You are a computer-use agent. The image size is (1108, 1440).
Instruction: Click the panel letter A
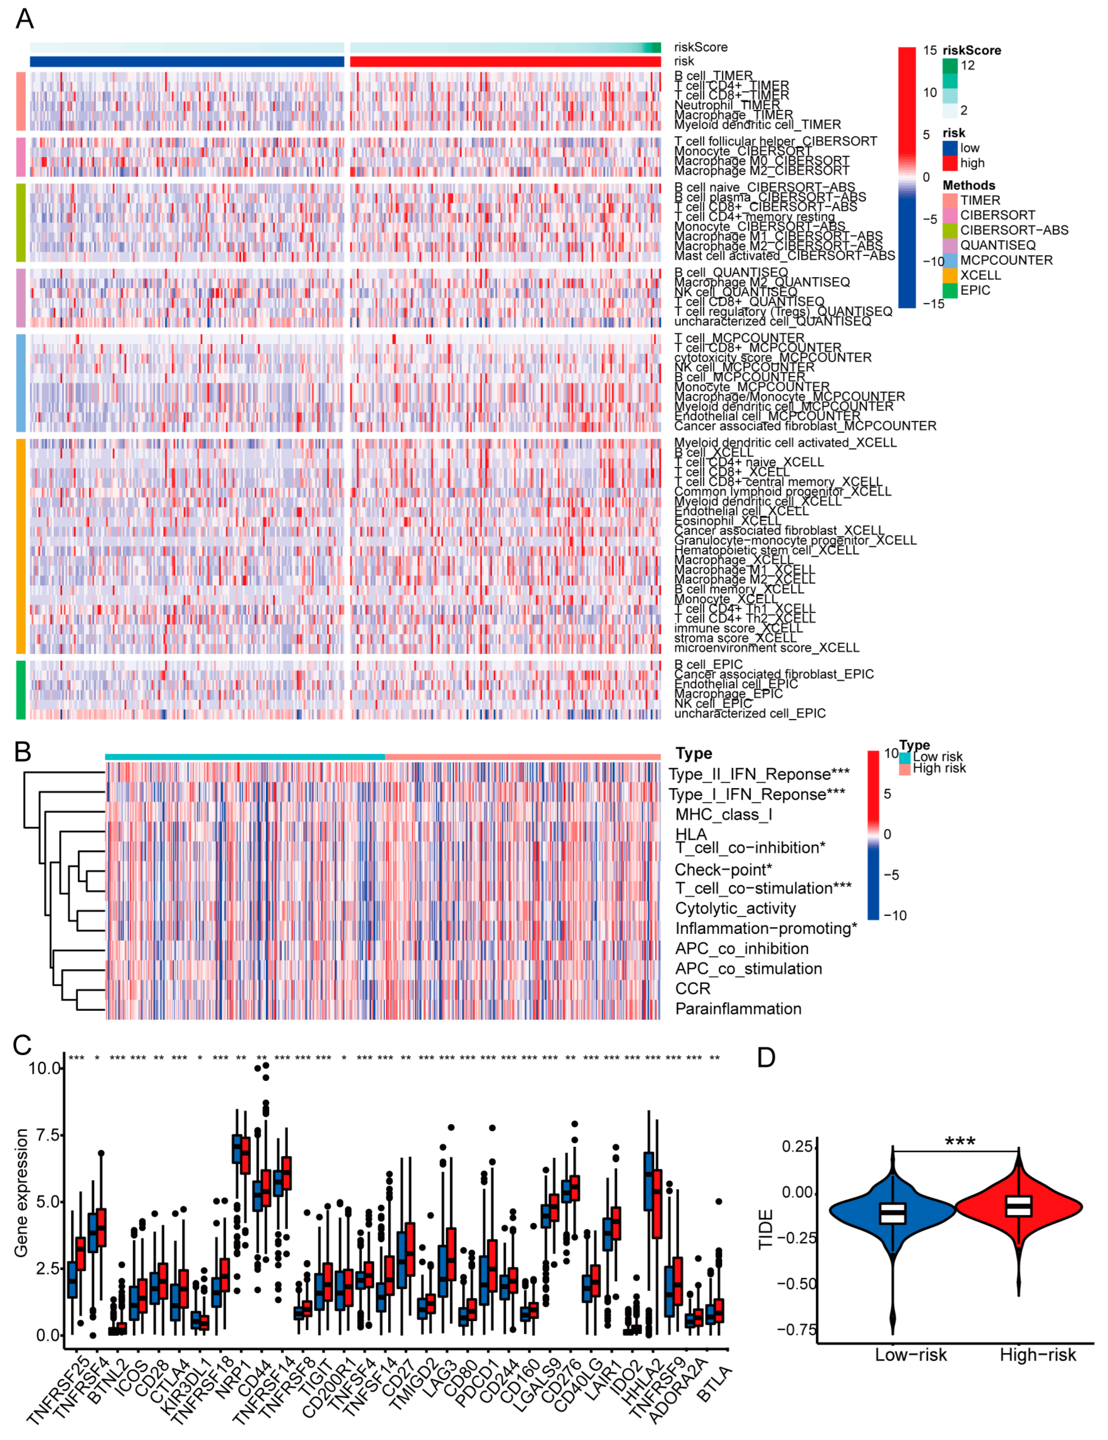pyautogui.click(x=24, y=19)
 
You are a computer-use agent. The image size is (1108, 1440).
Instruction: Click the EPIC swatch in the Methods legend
pyautogui.click(x=949, y=291)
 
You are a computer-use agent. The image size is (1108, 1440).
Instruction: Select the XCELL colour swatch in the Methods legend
pyautogui.click(x=949, y=276)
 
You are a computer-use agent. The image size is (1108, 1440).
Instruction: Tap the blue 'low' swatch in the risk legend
pyautogui.click(x=949, y=148)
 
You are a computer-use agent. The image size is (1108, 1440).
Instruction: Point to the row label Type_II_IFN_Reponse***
pyautogui.click(x=759, y=774)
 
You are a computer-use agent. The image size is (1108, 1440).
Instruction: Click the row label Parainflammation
pyautogui.click(x=738, y=1009)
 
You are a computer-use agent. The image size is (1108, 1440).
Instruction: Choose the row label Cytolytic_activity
pyautogui.click(x=735, y=909)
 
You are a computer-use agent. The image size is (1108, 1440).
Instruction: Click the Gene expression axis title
pyautogui.click(x=21, y=1193)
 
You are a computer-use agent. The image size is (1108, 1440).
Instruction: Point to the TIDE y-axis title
pyautogui.click(x=765, y=1229)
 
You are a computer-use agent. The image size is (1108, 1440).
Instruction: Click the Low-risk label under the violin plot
pyautogui.click(x=910, y=1355)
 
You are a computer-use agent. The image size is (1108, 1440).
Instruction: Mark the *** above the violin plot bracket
pyautogui.click(x=959, y=1142)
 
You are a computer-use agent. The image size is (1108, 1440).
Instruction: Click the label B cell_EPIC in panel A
pyautogui.click(x=708, y=664)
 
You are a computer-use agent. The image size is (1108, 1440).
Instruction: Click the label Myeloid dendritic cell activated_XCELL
pyautogui.click(x=784, y=443)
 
